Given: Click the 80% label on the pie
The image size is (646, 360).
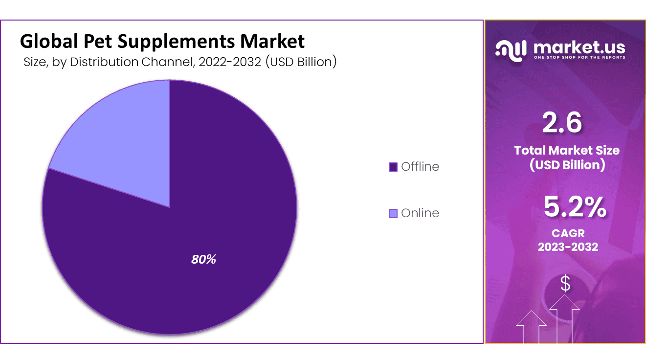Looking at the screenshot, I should coord(203,260).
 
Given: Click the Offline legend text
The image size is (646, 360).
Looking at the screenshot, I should coord(420,167).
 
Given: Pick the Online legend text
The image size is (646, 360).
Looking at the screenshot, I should coord(420,213).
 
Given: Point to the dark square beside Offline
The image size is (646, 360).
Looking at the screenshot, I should coord(393,167).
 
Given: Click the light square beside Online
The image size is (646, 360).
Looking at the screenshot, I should coord(393,214).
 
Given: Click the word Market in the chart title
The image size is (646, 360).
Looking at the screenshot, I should coord(272,42).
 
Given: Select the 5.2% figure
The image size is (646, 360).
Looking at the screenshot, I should coord(575,207).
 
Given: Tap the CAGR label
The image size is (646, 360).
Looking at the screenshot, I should coord(568,233).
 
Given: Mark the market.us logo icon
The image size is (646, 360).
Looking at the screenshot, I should coord(511,49).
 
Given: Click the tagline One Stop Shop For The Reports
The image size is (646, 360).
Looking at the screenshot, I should coord(579,58).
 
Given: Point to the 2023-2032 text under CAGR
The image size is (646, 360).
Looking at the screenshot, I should coord(568,247).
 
